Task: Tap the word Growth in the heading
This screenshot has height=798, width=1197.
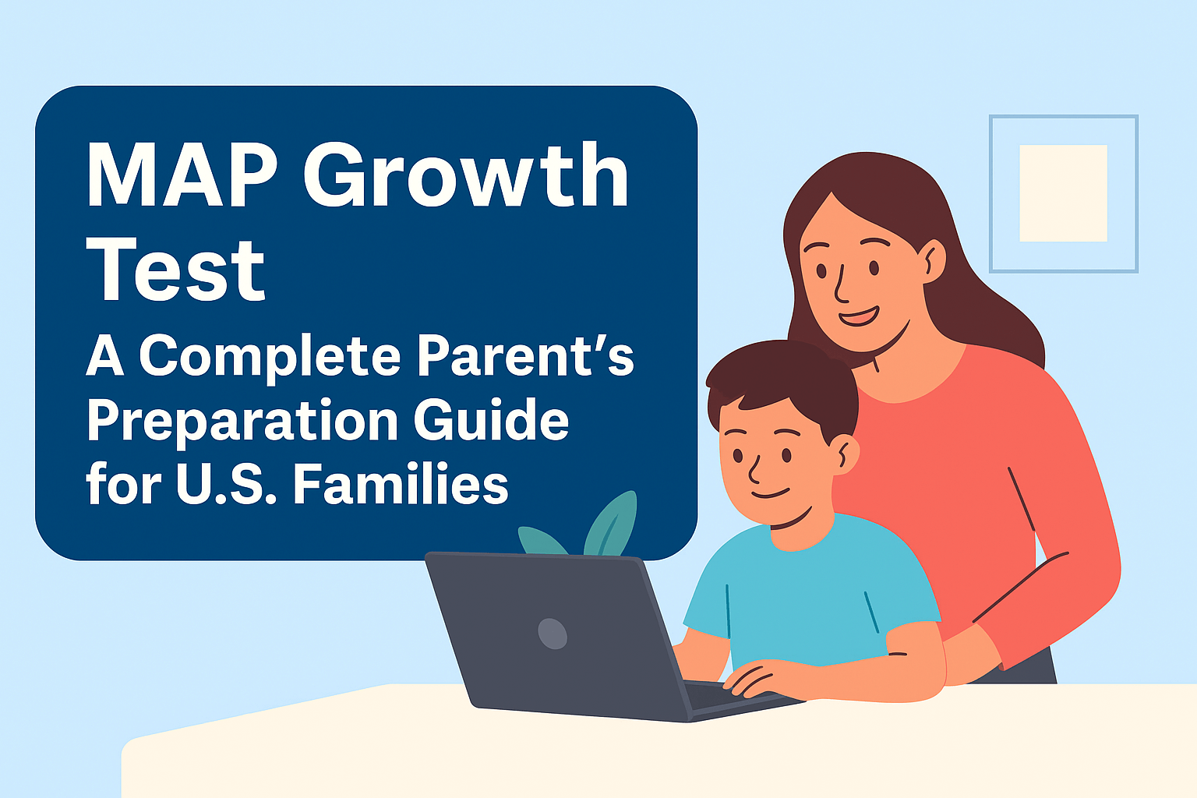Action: coord(466,175)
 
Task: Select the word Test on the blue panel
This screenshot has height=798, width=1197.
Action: coord(175,270)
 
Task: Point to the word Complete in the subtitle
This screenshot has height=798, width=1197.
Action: coord(270,357)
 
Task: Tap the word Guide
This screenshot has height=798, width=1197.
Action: coord(491,420)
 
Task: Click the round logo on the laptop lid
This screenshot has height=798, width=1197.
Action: coord(553,634)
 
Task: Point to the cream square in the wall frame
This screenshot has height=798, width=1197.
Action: coord(1063,193)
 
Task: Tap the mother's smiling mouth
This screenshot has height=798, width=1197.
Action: coord(858,316)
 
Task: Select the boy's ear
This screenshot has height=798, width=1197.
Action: coord(846,454)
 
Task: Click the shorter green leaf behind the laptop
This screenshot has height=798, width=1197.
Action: coord(541,540)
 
